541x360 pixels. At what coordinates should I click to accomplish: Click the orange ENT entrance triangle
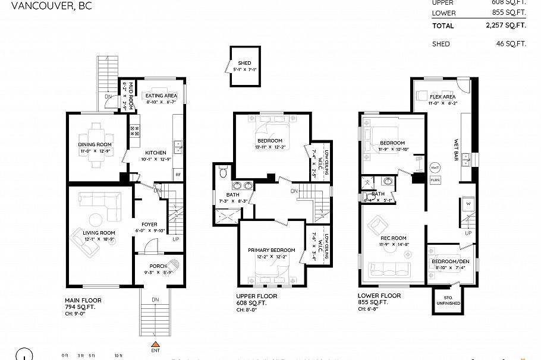tap(155, 345)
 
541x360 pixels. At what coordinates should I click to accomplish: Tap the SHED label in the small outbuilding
tap(244, 63)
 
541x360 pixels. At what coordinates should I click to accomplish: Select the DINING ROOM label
tap(95, 144)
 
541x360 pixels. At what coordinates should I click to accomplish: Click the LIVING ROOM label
tap(99, 233)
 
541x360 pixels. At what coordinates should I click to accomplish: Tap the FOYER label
tap(149, 225)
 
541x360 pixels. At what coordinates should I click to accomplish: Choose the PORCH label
tap(158, 266)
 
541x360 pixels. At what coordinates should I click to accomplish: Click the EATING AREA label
tap(162, 96)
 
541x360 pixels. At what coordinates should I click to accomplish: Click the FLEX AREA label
tap(442, 97)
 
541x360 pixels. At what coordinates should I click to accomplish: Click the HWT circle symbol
tap(435, 168)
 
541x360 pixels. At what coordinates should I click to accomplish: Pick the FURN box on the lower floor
tap(435, 179)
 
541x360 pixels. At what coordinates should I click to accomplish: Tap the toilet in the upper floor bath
tap(224, 173)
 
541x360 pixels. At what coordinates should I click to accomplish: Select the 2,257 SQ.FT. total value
tap(506, 26)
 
